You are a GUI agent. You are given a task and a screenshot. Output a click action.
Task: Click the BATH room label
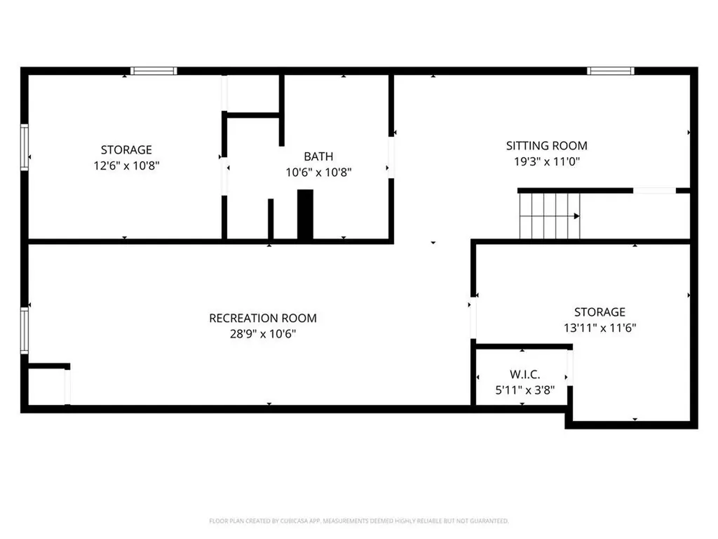[318, 157]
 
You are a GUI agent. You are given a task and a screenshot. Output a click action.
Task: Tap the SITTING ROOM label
[546, 146]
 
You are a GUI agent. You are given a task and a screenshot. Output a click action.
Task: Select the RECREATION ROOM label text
[263, 318]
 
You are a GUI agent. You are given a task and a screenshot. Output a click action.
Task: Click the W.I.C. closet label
[524, 375]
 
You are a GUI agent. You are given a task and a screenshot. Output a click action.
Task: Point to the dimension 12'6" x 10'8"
[126, 166]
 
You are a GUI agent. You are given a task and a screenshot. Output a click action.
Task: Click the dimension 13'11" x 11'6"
[600, 328]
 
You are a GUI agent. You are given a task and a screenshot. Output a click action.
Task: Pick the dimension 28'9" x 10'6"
[263, 333]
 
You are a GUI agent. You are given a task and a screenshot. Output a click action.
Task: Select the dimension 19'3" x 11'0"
[547, 161]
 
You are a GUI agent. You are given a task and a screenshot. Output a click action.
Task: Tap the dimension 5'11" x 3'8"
[524, 390]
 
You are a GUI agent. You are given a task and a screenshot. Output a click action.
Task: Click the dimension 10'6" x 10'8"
[318, 173]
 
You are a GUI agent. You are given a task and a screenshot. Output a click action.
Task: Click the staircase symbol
[550, 216]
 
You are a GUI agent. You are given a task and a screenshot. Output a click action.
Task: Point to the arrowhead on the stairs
[577, 216]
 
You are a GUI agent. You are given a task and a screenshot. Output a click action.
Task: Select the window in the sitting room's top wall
[611, 71]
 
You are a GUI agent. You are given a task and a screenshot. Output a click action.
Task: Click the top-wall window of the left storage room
[154, 71]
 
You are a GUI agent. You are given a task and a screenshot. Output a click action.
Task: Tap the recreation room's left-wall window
[25, 331]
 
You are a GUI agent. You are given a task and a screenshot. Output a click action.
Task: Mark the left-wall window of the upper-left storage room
[25, 147]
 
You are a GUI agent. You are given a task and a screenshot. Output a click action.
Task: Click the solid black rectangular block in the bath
[306, 215]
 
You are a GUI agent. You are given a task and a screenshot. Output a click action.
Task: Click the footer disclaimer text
[359, 521]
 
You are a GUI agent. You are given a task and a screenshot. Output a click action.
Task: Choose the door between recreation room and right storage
[473, 318]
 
